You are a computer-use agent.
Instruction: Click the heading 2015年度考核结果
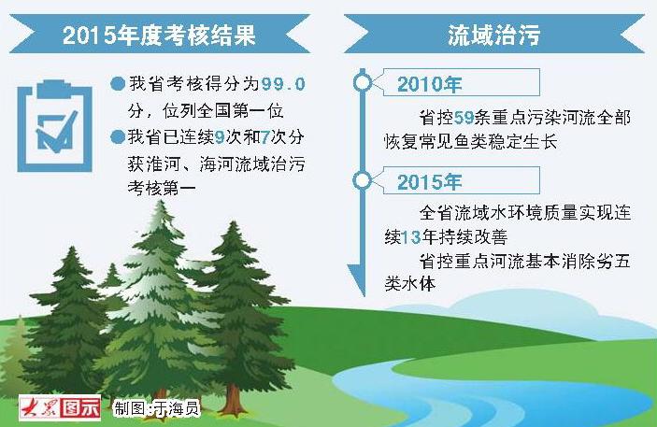[x=159, y=35]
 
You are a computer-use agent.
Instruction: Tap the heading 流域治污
[x=493, y=35]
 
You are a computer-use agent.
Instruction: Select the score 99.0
[x=283, y=84]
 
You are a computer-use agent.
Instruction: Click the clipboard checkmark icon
[x=55, y=126]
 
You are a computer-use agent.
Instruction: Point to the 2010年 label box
[x=462, y=82]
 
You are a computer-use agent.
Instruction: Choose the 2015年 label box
[x=462, y=180]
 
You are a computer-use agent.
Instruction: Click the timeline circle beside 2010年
[x=363, y=82]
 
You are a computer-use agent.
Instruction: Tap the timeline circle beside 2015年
[x=363, y=180]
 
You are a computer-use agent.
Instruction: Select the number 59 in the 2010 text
[x=464, y=118]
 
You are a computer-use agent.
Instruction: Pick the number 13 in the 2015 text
[x=410, y=237]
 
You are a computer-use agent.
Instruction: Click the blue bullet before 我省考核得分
[x=118, y=83]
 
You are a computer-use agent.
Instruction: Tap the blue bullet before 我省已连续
[x=118, y=136]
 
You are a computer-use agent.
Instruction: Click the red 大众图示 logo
[x=60, y=407]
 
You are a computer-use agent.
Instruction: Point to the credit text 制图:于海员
[x=156, y=408]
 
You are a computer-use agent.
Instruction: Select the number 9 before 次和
[x=220, y=137]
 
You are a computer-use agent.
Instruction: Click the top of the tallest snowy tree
[x=161, y=202]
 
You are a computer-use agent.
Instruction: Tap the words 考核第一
[x=162, y=188]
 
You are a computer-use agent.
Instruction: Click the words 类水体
[x=409, y=284]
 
